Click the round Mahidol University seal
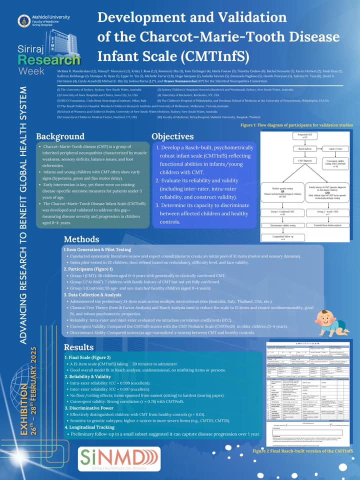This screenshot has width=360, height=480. click(x=23, y=20)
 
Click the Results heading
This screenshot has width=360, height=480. click(x=79, y=347)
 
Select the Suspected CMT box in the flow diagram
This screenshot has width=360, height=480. click(x=298, y=136)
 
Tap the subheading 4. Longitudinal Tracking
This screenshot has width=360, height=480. click(x=93, y=427)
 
